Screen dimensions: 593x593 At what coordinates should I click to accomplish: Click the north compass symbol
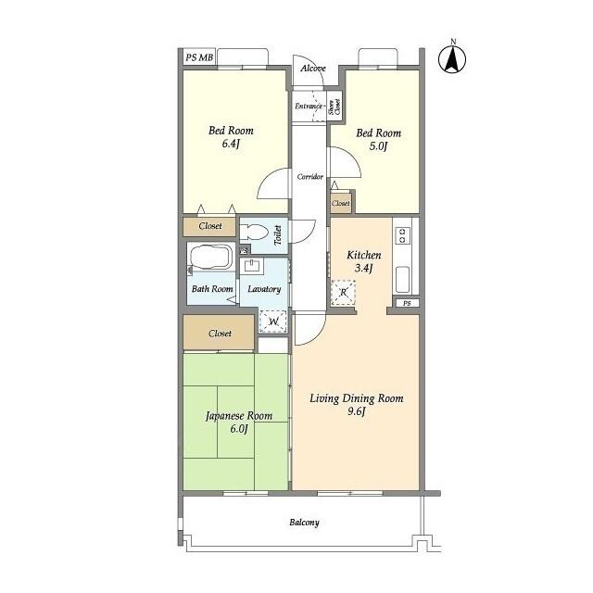tap(452, 59)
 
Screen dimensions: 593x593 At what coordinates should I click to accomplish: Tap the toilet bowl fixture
tap(253, 232)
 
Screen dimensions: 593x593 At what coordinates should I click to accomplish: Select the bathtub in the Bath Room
tap(211, 257)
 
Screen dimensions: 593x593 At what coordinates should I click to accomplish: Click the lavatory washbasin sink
tap(251, 266)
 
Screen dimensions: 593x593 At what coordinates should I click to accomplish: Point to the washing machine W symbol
tap(273, 322)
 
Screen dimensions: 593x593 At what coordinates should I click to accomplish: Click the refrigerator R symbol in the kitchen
tap(344, 293)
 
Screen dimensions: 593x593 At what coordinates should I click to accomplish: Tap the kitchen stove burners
tap(403, 234)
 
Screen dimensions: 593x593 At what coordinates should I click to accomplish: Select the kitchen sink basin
tap(402, 279)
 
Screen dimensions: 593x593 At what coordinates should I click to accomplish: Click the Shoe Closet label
tap(334, 107)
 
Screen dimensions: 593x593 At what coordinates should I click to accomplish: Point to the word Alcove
tap(313, 69)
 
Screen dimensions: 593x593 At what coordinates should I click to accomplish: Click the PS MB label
tap(199, 57)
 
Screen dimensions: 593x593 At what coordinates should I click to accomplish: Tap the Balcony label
tap(305, 523)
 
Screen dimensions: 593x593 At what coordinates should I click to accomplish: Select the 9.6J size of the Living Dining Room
tap(357, 411)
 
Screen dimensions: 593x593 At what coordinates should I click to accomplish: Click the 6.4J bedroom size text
tap(231, 144)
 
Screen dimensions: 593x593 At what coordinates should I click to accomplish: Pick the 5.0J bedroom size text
tap(379, 146)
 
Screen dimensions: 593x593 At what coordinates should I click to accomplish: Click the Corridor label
tap(309, 177)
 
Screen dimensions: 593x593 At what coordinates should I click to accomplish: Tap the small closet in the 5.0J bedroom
tap(341, 203)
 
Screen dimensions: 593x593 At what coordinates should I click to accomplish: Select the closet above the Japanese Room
tap(219, 333)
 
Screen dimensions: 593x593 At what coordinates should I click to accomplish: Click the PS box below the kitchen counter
tap(407, 303)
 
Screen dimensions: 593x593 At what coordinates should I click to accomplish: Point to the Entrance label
tap(309, 107)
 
